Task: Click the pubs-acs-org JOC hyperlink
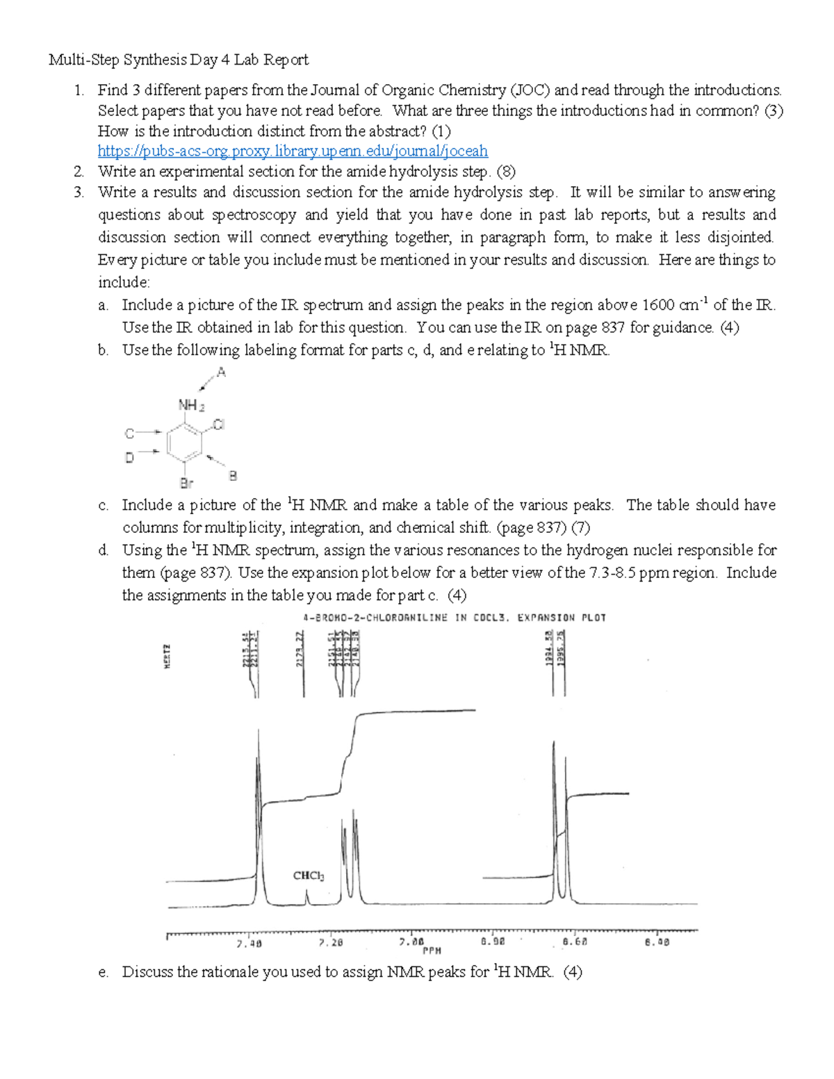click(x=293, y=151)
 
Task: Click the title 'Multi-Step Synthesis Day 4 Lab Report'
click(x=179, y=60)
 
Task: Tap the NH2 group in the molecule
click(x=191, y=405)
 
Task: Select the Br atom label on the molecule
click(x=186, y=483)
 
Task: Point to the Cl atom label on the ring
click(x=218, y=424)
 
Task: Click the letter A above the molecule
click(x=222, y=372)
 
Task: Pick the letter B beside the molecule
click(x=233, y=476)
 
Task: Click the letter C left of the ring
click(x=129, y=434)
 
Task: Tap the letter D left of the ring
click(x=129, y=457)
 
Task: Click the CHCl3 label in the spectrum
click(x=309, y=875)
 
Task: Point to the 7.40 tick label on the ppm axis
click(x=249, y=944)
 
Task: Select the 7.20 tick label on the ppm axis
click(x=331, y=944)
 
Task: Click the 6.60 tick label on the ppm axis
click(x=575, y=943)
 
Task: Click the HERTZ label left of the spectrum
click(x=167, y=656)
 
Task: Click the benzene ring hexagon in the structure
click(x=184, y=443)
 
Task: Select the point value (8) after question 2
click(x=505, y=172)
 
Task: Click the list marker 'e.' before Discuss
click(x=104, y=973)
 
